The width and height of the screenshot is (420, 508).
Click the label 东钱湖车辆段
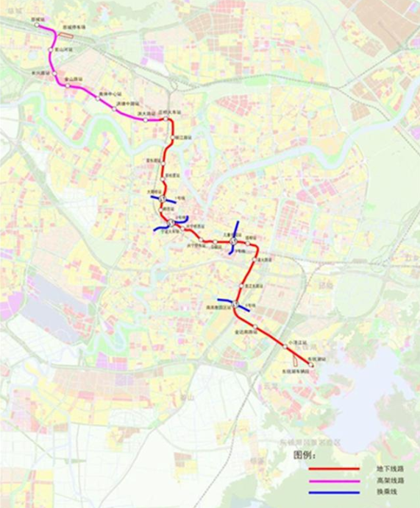point(302,373)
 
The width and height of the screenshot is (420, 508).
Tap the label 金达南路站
point(247,333)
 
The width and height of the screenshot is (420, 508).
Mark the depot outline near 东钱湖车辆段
point(295,363)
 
